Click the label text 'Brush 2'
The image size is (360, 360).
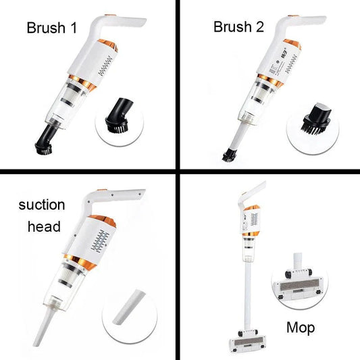pos(240,27)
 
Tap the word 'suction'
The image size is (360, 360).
pos(42,205)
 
